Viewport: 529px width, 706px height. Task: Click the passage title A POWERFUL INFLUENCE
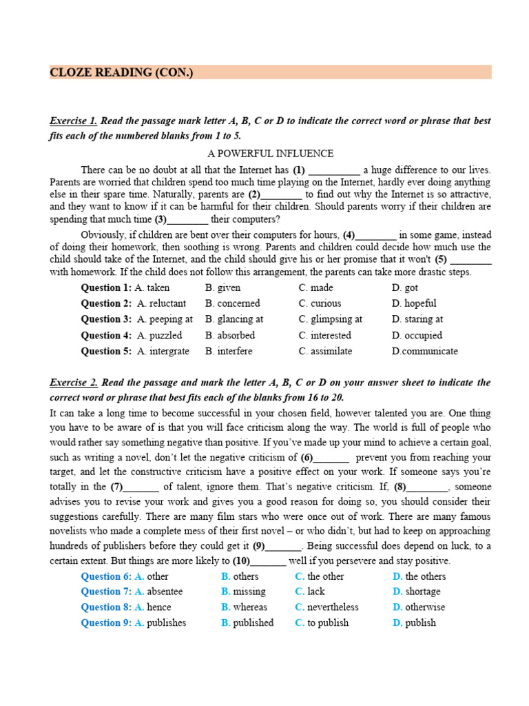[x=270, y=154]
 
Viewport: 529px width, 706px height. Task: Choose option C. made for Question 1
[x=315, y=288]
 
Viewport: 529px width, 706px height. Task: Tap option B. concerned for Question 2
[x=233, y=303]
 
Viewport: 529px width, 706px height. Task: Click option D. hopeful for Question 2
[x=414, y=303]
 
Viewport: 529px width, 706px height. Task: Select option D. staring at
[x=417, y=319]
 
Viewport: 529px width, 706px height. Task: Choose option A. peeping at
[x=165, y=319]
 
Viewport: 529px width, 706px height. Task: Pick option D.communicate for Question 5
[x=424, y=351]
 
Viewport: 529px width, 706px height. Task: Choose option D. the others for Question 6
[x=419, y=576]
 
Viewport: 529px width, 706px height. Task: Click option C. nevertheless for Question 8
[x=326, y=607]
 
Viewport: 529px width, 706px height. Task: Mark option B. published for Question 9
[x=247, y=623]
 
